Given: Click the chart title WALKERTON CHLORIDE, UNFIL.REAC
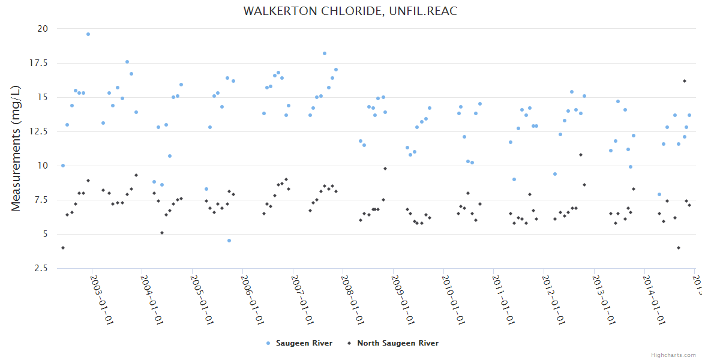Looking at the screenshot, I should pyautogui.click(x=350, y=11).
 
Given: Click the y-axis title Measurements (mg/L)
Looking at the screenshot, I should pyautogui.click(x=16, y=148).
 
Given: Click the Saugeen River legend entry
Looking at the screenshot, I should pyautogui.click(x=299, y=343).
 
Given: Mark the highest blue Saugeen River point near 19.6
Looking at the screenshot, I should pyautogui.click(x=88, y=34).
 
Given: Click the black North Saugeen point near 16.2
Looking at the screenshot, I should pyautogui.click(x=684, y=81).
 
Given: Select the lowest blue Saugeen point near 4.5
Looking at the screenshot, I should pyautogui.click(x=229, y=241).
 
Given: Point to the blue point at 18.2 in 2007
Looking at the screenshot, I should pyautogui.click(x=325, y=53).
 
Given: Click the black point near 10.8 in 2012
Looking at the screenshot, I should pyautogui.click(x=581, y=155).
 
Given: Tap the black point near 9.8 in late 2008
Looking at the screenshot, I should pyautogui.click(x=385, y=169).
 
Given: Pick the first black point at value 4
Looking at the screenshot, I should pyautogui.click(x=63, y=248).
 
